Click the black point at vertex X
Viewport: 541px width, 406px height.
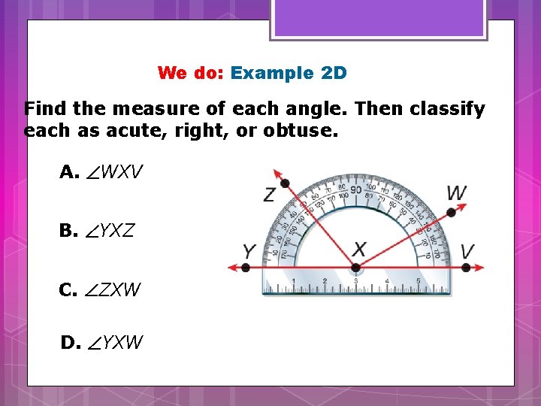click(x=355, y=267)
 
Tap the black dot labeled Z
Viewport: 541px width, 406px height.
click(x=285, y=183)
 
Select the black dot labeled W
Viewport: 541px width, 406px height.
click(x=451, y=213)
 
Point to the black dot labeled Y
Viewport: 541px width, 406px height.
click(x=246, y=267)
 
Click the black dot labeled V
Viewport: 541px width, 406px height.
click(x=467, y=267)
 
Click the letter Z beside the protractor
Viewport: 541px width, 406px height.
click(x=268, y=195)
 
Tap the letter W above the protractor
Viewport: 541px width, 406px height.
click(x=456, y=192)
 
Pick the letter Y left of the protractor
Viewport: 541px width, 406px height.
click(x=249, y=250)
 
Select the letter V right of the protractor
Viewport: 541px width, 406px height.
click(x=467, y=250)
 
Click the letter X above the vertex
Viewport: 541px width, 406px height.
click(x=360, y=249)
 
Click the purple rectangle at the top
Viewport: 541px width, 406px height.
click(x=379, y=17)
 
